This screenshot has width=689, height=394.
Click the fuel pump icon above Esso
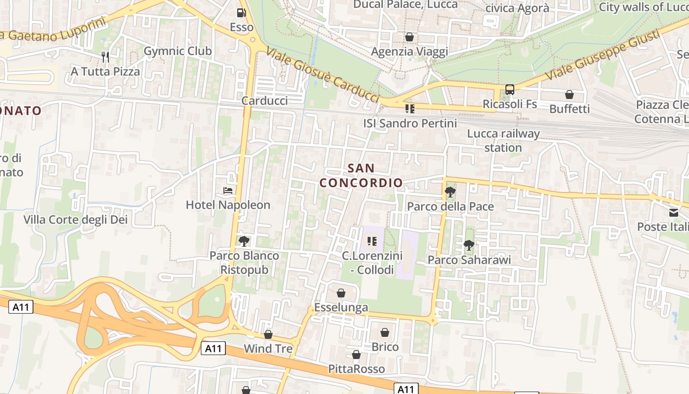[x=241, y=13]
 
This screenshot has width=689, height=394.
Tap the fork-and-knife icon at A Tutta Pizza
[x=105, y=57]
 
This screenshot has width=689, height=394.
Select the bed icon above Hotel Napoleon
[x=228, y=191]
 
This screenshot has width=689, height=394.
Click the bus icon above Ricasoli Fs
[x=509, y=90]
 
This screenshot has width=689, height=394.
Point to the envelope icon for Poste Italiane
[x=673, y=213]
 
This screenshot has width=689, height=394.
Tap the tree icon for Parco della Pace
[x=450, y=192]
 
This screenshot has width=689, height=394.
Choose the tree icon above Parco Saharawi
[x=469, y=245]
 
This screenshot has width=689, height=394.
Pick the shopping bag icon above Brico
[x=385, y=333]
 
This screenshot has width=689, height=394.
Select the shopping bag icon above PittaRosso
[x=356, y=355]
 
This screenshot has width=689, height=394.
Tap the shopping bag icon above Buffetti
[x=569, y=95]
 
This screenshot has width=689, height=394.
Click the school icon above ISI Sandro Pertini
[x=409, y=108]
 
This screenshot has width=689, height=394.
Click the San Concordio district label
[x=361, y=175]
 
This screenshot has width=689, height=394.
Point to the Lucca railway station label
[x=503, y=140]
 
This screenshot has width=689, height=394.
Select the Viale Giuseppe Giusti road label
[x=602, y=55]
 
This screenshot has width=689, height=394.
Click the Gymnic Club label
[x=178, y=51]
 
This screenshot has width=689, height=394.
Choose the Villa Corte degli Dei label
[x=76, y=220]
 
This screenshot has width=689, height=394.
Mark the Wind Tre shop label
[x=268, y=349]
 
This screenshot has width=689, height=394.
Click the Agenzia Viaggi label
[x=409, y=52]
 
